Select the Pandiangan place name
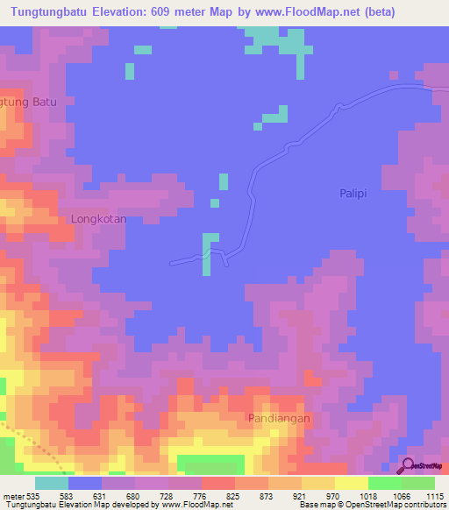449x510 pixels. tap(279, 419)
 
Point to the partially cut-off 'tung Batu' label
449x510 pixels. tap(29, 102)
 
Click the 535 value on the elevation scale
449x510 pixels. tap(29, 496)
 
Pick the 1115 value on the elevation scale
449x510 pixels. tap(434, 496)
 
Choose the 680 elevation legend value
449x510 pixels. tap(134, 496)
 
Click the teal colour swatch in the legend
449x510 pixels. tap(52, 483)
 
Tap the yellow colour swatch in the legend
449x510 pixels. tap(351, 483)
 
